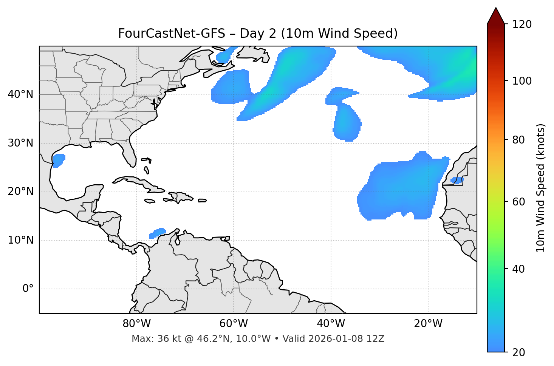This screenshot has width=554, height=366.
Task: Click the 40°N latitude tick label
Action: (20, 94)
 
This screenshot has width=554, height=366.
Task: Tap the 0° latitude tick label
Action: (28, 289)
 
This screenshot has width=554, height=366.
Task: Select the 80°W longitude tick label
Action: (136, 324)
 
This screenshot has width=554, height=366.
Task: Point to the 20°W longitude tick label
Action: (428, 324)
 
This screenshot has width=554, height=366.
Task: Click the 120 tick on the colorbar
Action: (522, 25)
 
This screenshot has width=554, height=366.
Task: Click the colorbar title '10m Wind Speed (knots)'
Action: (541, 188)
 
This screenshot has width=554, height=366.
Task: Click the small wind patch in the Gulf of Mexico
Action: (59, 160)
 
